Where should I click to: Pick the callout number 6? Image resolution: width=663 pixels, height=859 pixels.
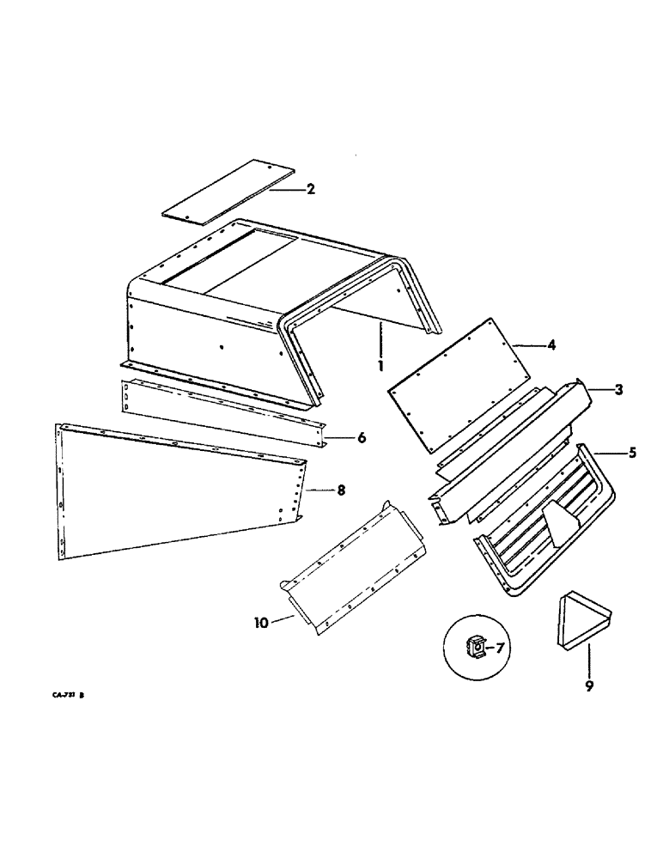click(x=362, y=438)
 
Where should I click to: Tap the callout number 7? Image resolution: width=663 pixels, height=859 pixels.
click(x=500, y=648)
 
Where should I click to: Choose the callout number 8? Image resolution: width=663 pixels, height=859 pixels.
click(x=341, y=490)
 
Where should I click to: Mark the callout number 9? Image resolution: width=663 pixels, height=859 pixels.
click(x=589, y=686)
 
